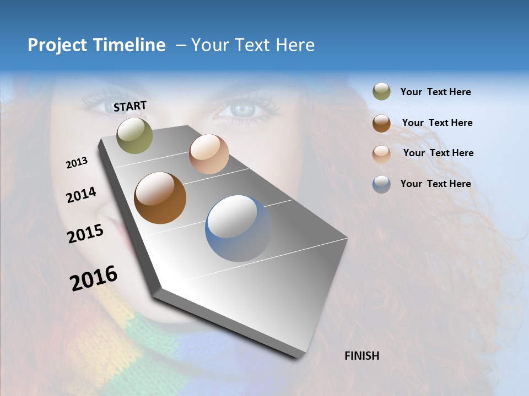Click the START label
(x=130, y=106)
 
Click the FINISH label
(x=362, y=356)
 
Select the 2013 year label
(x=77, y=162)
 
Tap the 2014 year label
(x=81, y=195)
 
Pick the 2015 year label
(x=85, y=234)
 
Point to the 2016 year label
(x=94, y=278)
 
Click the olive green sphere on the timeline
(x=135, y=136)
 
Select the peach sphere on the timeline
(x=209, y=154)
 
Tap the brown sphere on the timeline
(x=160, y=198)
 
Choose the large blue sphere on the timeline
(x=239, y=228)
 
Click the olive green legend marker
(x=381, y=92)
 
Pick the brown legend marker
(x=381, y=123)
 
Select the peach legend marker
(x=381, y=153)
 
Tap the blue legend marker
(x=381, y=184)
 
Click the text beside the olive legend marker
(x=435, y=92)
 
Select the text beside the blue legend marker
(x=435, y=184)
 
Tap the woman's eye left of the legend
(x=242, y=109)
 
